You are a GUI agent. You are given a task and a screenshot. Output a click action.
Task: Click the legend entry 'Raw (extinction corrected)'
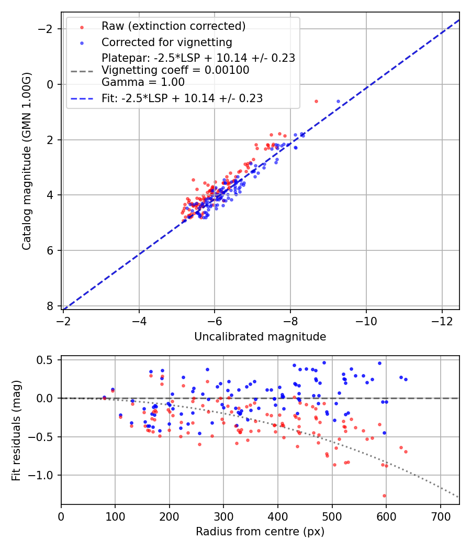pos(173,26)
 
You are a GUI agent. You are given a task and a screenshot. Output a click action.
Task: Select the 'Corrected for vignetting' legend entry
pos(166,42)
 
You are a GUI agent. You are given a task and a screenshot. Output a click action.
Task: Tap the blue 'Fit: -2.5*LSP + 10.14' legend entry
pos(182,98)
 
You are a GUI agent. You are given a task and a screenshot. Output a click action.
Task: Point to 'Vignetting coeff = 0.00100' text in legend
pos(175,70)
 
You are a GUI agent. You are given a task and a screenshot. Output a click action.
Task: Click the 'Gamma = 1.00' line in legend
pos(143,82)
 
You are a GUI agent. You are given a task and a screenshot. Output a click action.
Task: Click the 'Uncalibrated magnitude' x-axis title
pos(260,337)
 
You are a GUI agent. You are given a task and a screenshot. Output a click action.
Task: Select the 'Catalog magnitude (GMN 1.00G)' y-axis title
pos(27,161)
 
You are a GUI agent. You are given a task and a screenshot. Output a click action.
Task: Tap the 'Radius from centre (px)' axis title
pos(260,532)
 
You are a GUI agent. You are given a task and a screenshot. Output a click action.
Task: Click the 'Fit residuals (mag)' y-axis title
pos(16,430)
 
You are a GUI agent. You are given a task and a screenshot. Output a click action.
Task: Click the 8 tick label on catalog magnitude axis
pos(50,306)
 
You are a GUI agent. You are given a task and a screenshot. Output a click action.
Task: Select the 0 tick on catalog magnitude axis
pos(50,84)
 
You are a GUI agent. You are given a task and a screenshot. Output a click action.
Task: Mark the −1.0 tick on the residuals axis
pos(44,475)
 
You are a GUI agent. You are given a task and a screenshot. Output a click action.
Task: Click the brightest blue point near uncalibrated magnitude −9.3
pos(338,101)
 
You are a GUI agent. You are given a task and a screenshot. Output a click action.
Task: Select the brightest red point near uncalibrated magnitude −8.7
pos(316,101)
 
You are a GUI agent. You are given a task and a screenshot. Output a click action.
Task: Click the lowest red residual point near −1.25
pos(384,496)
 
